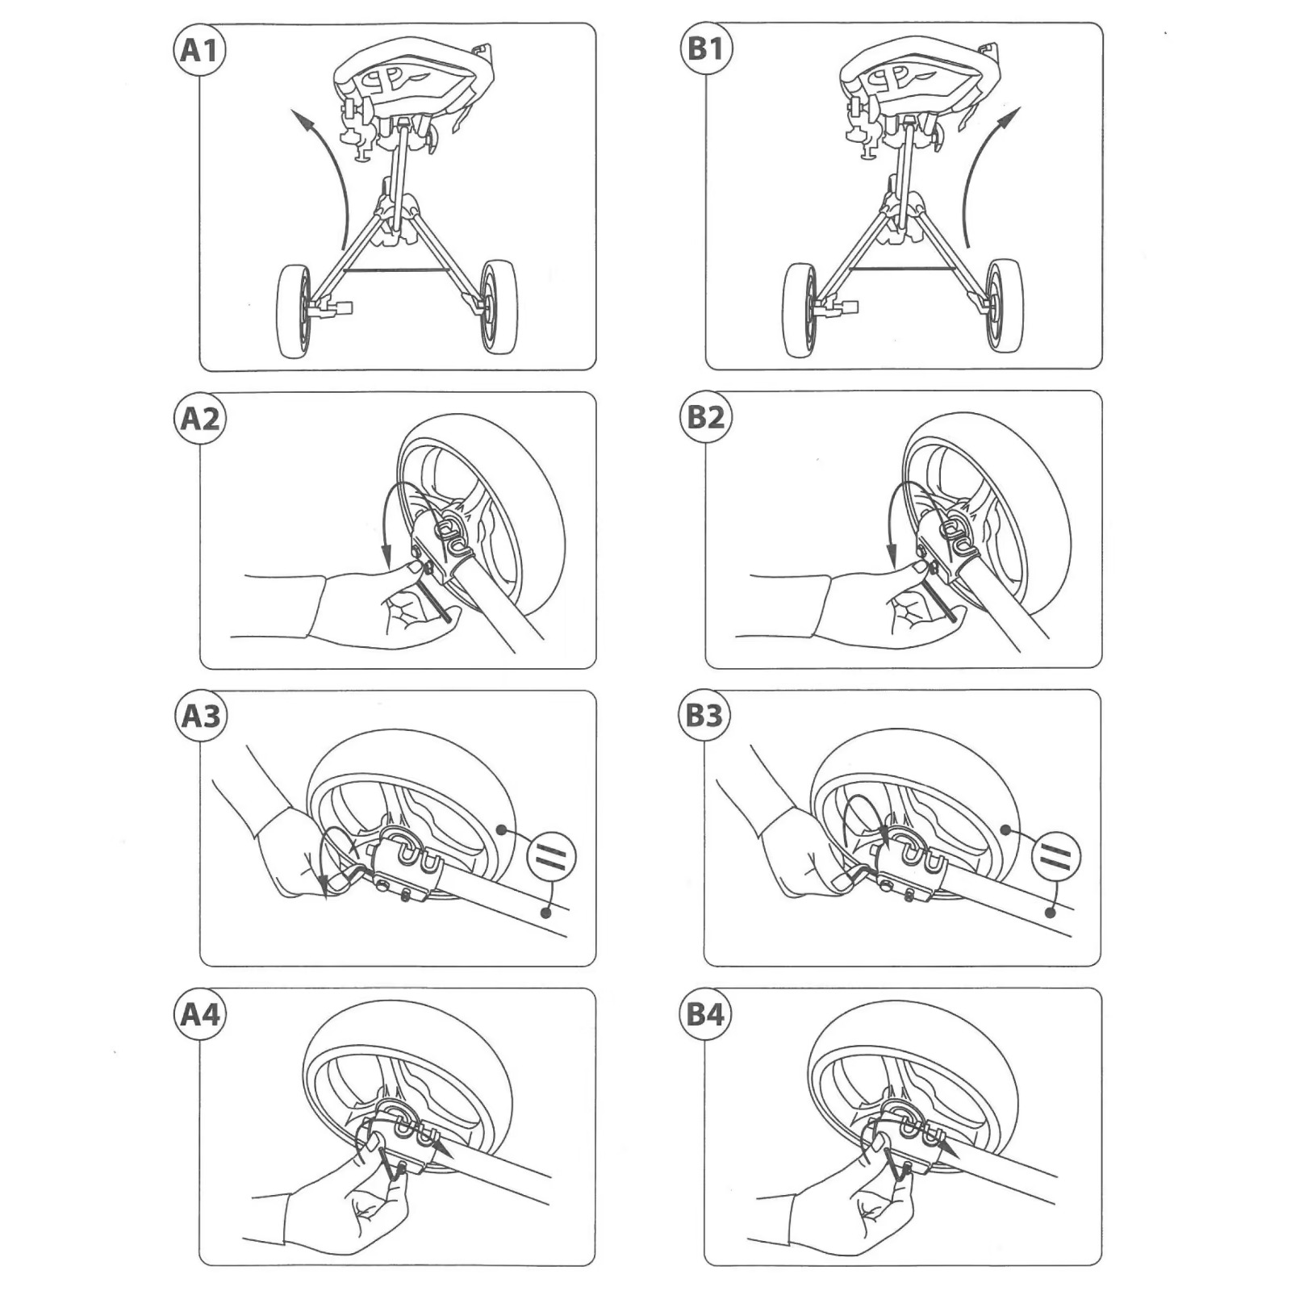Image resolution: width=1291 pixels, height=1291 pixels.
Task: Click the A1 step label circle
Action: [199, 50]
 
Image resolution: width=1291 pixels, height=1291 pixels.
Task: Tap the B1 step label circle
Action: [705, 48]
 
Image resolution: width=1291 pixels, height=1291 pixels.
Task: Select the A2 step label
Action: [199, 419]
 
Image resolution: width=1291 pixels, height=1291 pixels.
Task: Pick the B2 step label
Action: [705, 417]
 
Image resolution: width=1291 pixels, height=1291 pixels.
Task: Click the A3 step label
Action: [200, 716]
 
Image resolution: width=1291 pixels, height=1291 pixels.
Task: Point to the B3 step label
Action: [704, 715]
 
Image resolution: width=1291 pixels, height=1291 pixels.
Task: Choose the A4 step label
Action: [199, 1014]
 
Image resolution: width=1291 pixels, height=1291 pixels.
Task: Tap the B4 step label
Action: [705, 1014]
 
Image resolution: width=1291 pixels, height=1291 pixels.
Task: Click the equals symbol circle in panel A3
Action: [552, 856]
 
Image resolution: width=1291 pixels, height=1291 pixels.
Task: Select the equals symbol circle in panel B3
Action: [1055, 856]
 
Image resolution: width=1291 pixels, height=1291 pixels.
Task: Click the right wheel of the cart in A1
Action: [499, 307]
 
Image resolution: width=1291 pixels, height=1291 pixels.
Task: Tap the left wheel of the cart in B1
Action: [800, 311]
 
